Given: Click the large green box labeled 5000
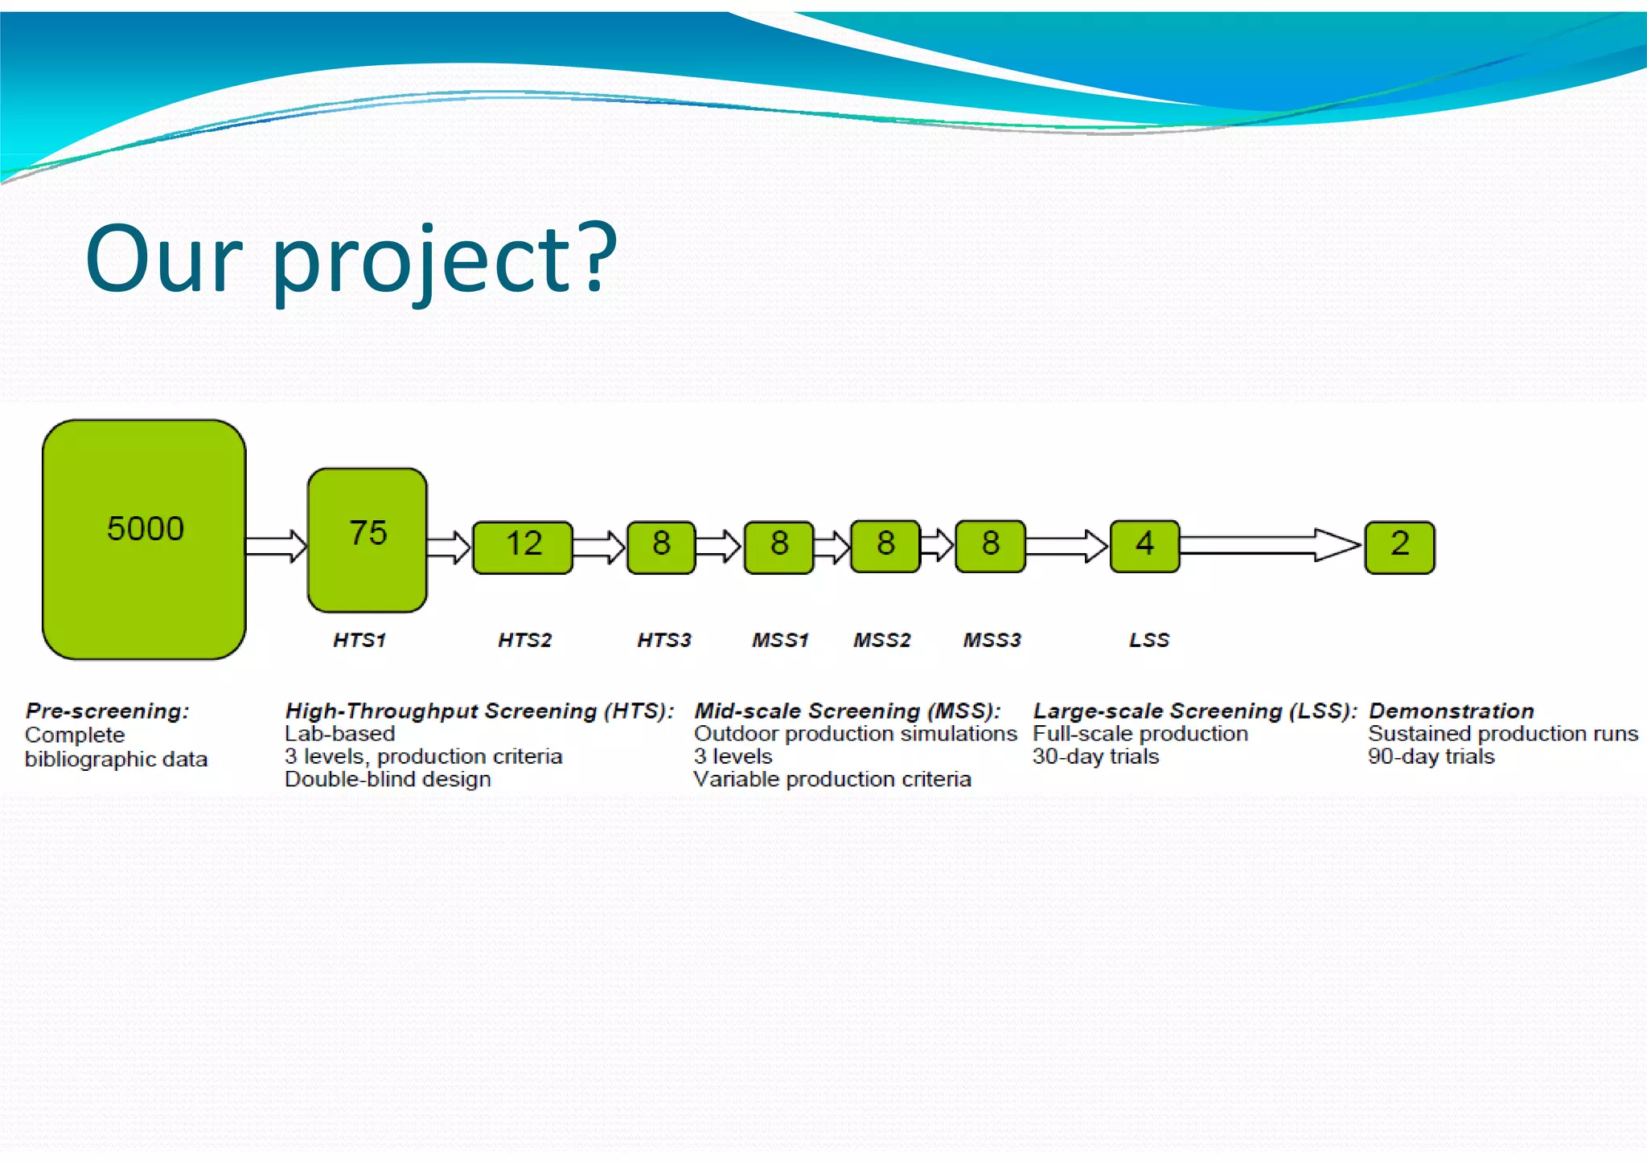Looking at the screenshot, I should click(144, 539).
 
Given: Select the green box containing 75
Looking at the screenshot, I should click(368, 539).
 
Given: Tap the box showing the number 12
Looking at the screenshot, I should click(523, 546).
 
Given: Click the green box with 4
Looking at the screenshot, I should click(1144, 546).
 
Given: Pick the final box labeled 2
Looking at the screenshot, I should click(1399, 547).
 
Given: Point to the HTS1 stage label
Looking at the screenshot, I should click(359, 640).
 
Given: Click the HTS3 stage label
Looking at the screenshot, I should click(664, 640).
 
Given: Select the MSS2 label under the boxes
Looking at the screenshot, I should click(882, 640).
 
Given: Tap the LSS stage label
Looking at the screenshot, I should click(1149, 640).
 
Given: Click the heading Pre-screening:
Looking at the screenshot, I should click(107, 711).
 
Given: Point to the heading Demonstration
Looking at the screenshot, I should click(1452, 711).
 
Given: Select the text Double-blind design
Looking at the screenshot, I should click(388, 779).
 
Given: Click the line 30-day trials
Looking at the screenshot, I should click(1095, 756).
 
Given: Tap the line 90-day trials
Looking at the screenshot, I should click(1431, 756).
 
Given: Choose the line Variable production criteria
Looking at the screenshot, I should click(832, 779).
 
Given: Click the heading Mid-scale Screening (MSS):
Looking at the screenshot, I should click(848, 711).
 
